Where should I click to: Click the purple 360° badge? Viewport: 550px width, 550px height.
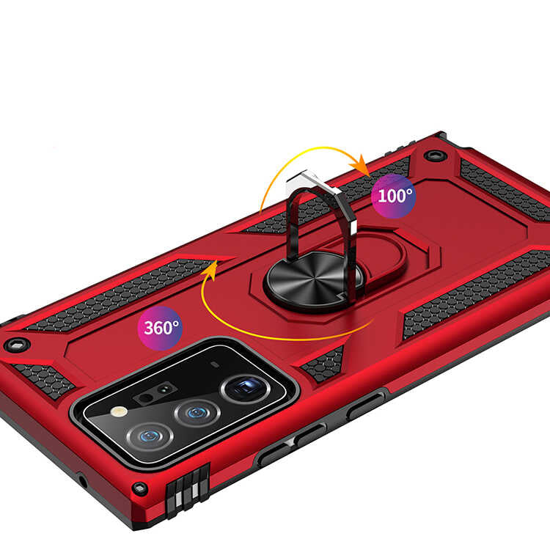(160, 328)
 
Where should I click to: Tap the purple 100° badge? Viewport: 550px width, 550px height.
(394, 196)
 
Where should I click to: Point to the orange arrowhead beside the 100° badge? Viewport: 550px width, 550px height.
(361, 165)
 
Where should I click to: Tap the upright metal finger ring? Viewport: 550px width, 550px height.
(321, 214)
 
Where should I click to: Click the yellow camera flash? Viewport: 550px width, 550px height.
(119, 411)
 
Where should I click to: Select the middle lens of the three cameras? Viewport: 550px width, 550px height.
(197, 413)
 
